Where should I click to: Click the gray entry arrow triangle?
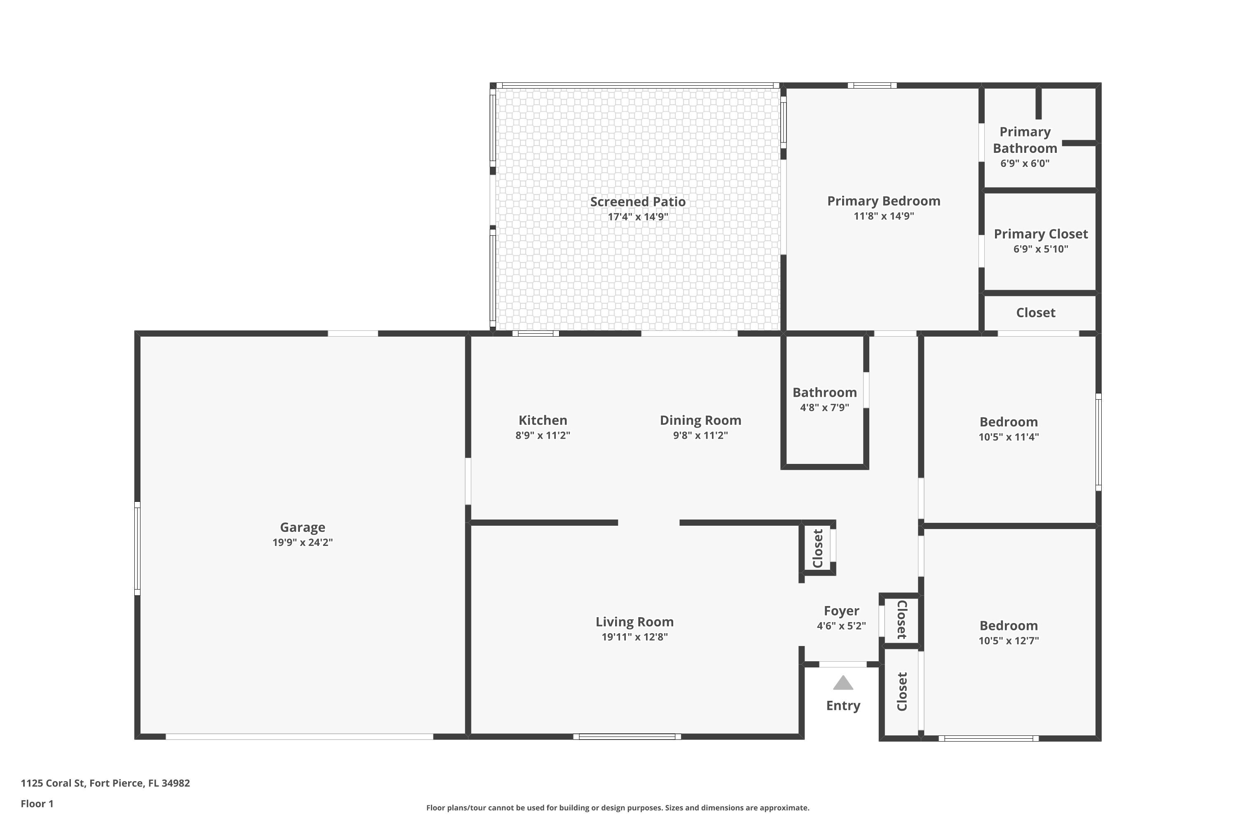pos(843,683)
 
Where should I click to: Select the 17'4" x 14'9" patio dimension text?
pos(637,217)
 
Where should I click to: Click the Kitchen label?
pos(543,420)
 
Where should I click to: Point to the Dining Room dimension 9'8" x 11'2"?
pos(700,435)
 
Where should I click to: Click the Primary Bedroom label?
pos(883,201)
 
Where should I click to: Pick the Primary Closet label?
pos(1041,234)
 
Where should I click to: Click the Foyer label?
pos(841,611)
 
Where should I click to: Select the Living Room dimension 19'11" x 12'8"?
pos(634,637)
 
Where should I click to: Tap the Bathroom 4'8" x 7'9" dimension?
pos(824,407)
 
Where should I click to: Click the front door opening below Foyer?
pos(843,664)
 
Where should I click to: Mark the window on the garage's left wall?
pos(137,548)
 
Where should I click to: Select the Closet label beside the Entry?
pos(902,692)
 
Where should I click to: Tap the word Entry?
pos(843,705)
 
